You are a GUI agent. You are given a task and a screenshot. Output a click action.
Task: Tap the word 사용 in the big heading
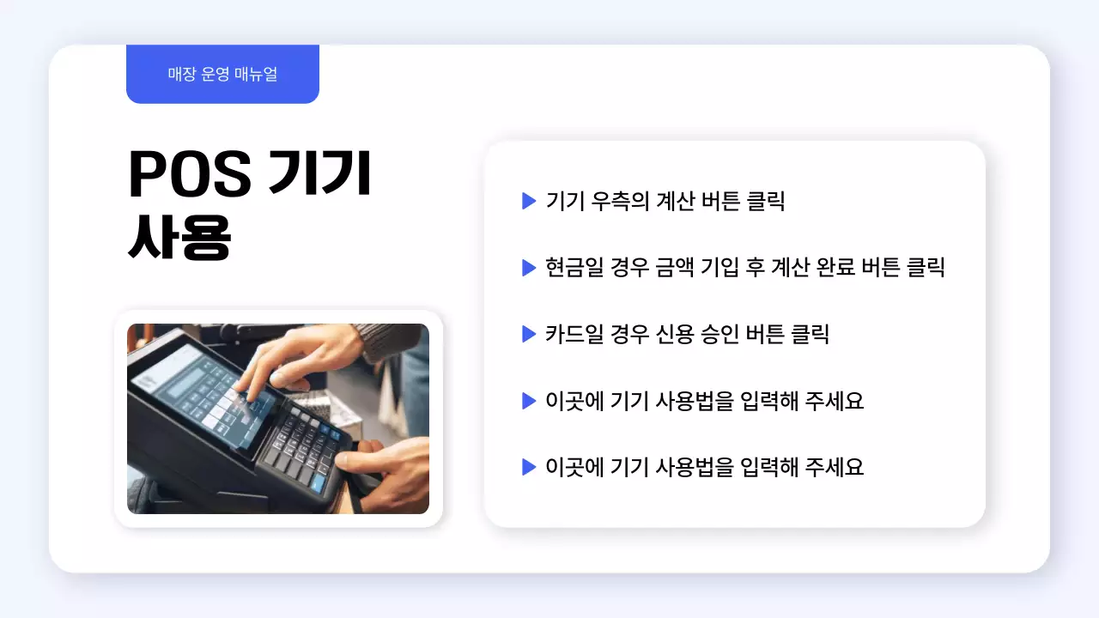tap(179, 239)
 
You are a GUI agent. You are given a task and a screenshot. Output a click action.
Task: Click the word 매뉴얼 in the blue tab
tap(255, 75)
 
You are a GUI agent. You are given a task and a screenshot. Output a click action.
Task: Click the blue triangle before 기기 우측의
tap(529, 202)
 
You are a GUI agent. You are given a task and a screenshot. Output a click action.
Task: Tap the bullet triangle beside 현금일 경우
tap(529, 268)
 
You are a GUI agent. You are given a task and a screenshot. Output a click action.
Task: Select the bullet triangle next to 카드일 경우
tap(529, 334)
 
